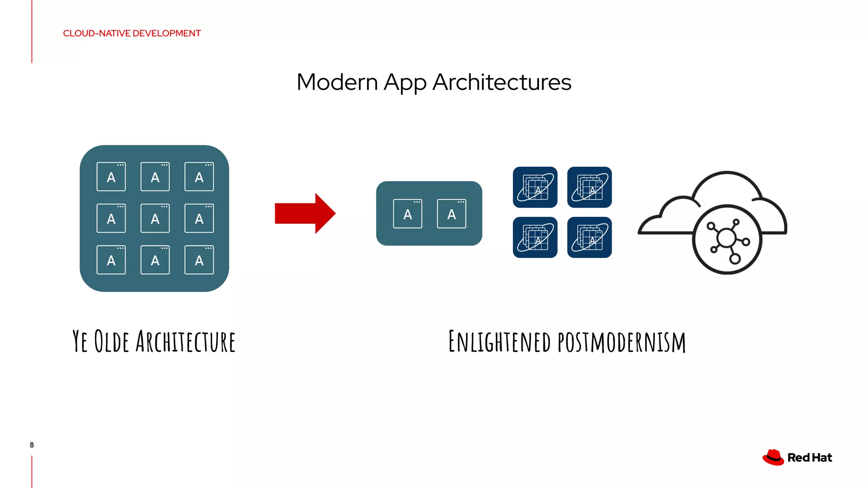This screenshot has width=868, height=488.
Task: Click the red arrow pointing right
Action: click(304, 213)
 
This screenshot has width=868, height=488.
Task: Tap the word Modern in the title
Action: click(337, 82)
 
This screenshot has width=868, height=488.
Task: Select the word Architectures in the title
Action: click(502, 82)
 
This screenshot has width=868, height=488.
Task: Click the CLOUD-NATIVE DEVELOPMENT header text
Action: click(132, 33)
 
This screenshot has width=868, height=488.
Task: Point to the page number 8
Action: click(32, 445)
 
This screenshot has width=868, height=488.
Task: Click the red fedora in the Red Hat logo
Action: click(773, 457)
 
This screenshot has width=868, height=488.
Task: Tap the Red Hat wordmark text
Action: click(810, 458)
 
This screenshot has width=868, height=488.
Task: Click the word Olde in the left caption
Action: click(111, 341)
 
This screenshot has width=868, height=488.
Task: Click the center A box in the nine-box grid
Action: click(155, 219)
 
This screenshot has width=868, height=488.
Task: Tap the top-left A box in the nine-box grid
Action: click(111, 177)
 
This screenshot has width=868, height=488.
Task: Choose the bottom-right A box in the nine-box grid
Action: click(199, 260)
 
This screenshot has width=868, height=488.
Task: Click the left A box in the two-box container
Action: click(408, 214)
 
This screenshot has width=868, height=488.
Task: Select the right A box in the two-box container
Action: click(452, 214)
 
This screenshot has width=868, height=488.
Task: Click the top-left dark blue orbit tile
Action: click(535, 187)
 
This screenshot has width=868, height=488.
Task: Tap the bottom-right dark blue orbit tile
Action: click(590, 237)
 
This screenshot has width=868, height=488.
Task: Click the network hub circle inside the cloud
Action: click(727, 240)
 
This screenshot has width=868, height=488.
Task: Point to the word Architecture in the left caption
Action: click(186, 341)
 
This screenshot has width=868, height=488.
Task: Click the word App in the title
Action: click(405, 83)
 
